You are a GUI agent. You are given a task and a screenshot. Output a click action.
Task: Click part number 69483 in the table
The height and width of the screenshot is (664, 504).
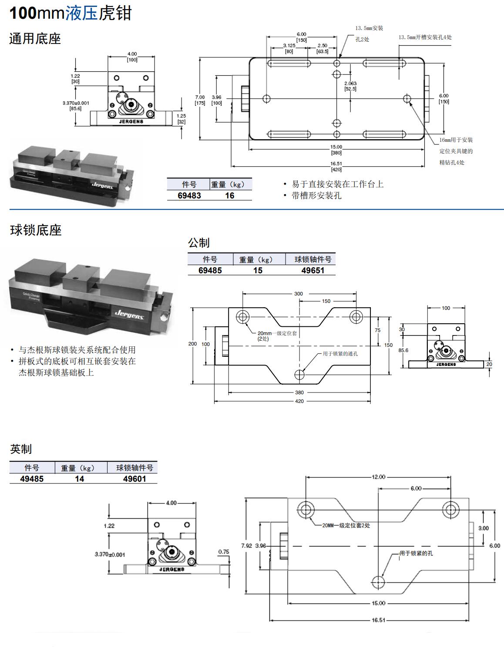click(x=189, y=196)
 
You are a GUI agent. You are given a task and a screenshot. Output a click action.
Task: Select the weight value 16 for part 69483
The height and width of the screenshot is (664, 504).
click(x=229, y=196)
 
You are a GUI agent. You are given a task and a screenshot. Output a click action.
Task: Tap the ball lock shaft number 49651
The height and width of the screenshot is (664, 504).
click(x=312, y=270)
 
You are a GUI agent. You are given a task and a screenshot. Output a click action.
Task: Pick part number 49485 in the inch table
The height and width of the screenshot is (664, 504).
click(x=32, y=479)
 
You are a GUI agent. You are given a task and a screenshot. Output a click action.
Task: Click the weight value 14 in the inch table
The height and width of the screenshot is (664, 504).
click(x=79, y=479)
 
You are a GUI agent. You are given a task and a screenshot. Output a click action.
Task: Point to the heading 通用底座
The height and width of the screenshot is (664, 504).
click(x=35, y=39)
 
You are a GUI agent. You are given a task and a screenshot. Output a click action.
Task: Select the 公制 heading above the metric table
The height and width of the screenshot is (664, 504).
click(x=199, y=243)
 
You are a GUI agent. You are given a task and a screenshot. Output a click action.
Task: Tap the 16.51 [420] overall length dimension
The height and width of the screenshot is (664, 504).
click(x=336, y=167)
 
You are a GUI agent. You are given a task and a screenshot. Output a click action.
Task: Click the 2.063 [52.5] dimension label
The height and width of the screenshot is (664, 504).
click(x=350, y=86)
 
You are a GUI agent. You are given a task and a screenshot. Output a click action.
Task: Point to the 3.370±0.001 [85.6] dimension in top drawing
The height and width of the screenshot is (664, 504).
click(x=76, y=106)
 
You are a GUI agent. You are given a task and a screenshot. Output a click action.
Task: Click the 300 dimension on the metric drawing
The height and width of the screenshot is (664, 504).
click(x=299, y=294)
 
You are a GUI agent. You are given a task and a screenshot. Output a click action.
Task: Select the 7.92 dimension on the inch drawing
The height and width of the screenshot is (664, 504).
click(x=246, y=546)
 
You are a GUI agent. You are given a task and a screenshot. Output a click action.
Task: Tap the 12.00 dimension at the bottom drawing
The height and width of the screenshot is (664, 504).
click(x=378, y=477)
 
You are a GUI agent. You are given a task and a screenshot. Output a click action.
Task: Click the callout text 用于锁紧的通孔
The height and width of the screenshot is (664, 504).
click(x=340, y=354)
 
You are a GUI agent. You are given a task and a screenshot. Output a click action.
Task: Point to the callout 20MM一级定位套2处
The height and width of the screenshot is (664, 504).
click(x=346, y=526)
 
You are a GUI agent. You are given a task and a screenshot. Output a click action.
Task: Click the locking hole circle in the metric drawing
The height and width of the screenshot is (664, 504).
click(x=300, y=374)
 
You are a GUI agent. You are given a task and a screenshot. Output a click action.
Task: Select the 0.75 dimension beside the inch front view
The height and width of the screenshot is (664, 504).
click(x=224, y=552)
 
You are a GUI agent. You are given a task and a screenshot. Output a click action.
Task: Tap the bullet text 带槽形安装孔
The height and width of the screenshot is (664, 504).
click(x=316, y=196)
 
